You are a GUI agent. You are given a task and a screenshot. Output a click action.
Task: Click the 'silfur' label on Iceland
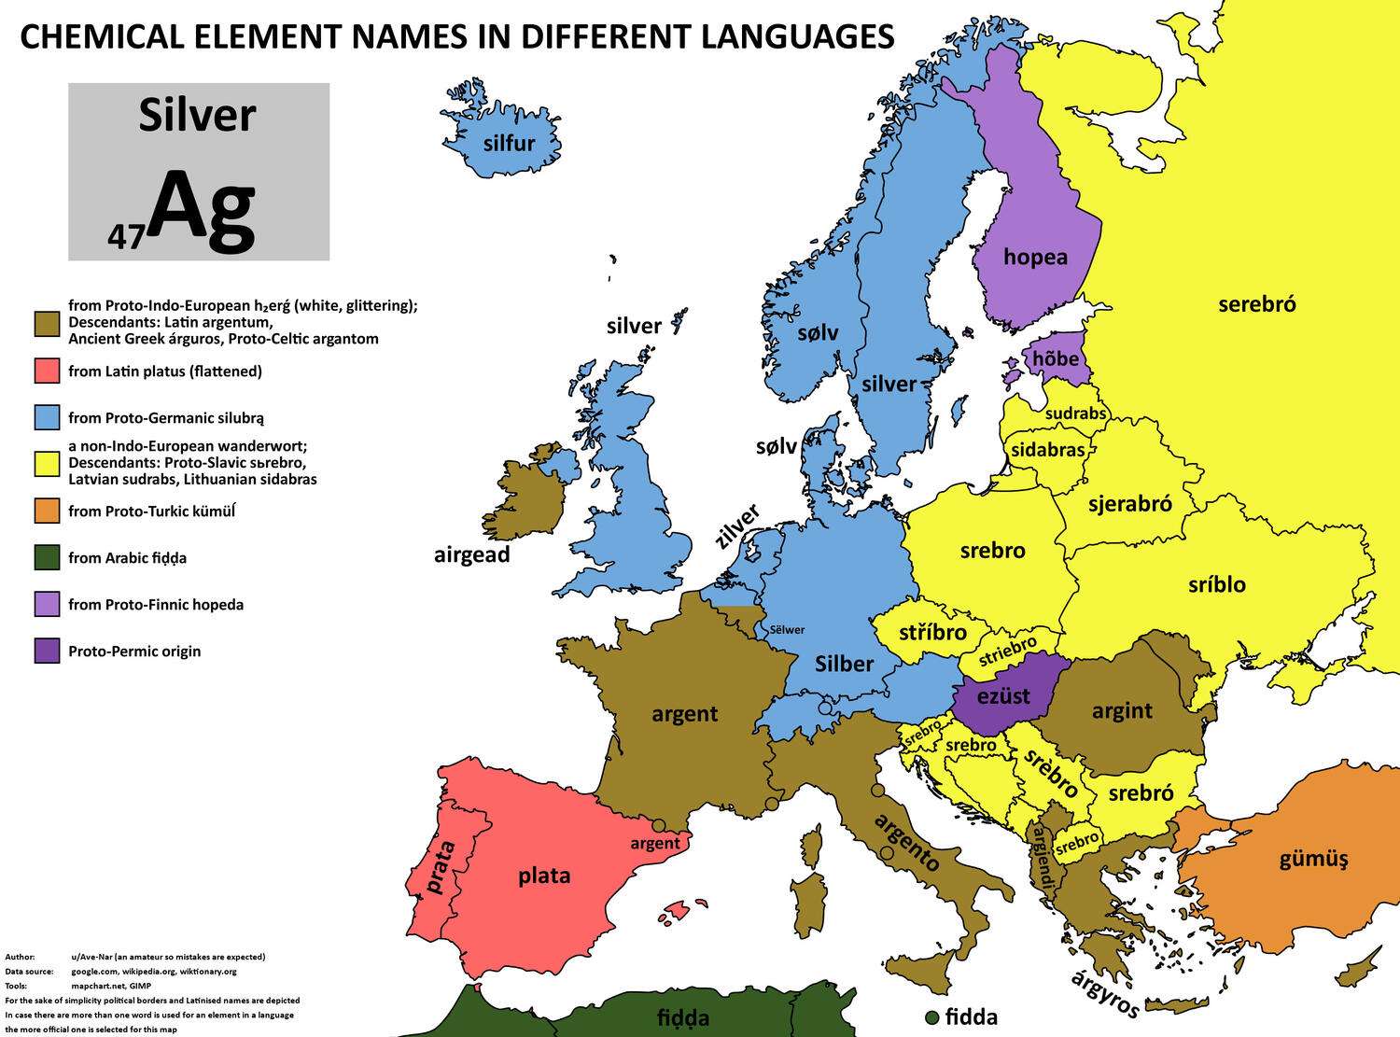509,143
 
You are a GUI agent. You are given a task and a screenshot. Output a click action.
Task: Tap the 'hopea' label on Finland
1035,257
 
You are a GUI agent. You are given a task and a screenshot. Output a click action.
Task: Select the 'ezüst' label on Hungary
1004,695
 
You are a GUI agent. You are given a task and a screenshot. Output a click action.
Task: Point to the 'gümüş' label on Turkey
1313,859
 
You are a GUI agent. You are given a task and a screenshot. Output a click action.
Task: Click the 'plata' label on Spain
544,876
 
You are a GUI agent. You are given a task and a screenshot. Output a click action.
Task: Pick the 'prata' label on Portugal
440,868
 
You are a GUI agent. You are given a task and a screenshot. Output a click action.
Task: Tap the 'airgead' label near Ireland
471,554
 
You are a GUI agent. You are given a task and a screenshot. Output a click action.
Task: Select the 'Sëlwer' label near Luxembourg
787,630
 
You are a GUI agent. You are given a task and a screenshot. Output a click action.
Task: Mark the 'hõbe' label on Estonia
1056,358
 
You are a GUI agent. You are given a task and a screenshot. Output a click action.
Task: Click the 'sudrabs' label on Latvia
1075,413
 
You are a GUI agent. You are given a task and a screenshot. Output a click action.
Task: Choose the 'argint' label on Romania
1122,711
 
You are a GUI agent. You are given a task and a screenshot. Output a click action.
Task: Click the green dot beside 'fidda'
931,1016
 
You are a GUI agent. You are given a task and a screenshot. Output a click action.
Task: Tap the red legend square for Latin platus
47,371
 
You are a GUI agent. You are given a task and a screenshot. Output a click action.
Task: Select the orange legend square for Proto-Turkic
47,511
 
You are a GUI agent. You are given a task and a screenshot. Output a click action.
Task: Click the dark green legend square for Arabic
47,558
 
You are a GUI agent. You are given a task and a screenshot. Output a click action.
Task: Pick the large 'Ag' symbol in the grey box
202,210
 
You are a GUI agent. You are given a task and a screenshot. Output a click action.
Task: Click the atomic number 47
125,237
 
